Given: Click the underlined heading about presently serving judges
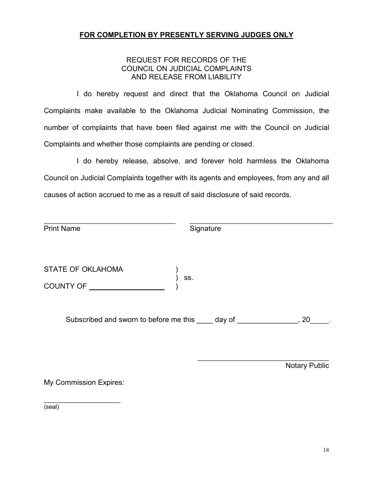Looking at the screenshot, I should pos(186,35).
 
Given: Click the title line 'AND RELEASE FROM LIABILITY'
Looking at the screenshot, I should pos(186,77).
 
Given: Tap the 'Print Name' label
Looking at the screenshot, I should pos(62,229).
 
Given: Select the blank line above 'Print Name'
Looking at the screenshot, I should pos(110,223).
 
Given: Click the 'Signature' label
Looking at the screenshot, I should pos(205,229).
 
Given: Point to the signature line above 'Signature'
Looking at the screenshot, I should pos(261,223).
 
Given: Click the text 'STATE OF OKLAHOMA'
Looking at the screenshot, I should pos(83,269).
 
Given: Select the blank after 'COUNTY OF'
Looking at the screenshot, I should pos(127,289).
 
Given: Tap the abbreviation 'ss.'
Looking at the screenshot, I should pos(188,278).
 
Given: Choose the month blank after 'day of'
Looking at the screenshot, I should pos(267,322).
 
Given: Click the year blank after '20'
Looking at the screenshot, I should pos(320,322).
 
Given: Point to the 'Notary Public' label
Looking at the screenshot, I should pos(307,366).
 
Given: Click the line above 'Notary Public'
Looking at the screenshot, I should pos(263,360).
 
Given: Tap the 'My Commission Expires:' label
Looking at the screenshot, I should pos(84,382).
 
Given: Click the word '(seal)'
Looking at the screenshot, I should pos(51,407).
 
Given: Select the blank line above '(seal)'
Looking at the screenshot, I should pos(82,402).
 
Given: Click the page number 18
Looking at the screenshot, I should pos(326,450).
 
